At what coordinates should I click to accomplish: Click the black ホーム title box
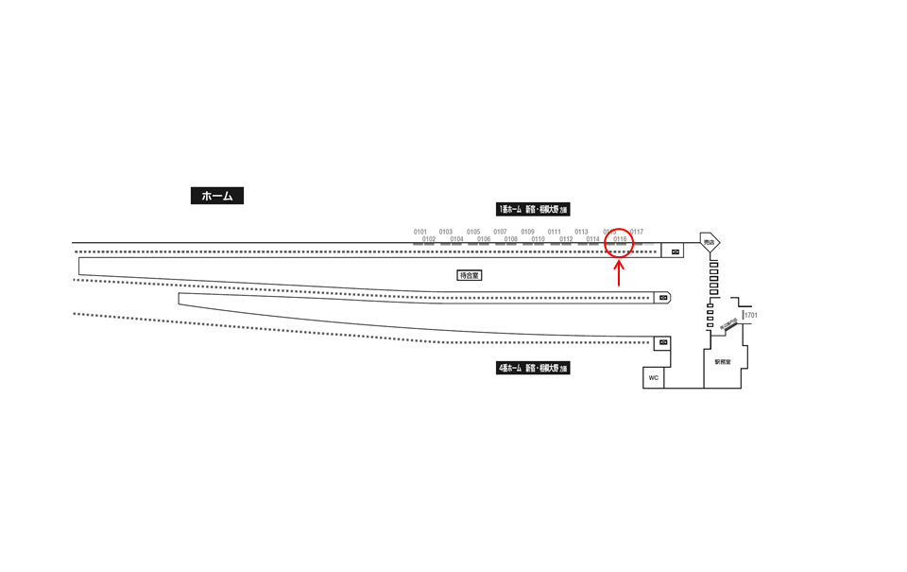pos(216,196)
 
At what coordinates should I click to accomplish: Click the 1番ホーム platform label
pos(533,209)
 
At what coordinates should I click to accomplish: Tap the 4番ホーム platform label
pos(533,368)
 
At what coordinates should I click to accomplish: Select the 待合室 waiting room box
pos(470,275)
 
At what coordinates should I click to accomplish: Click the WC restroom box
pos(653,377)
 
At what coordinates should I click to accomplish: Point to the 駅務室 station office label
pos(723,362)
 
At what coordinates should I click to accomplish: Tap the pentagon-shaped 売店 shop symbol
pos(710,243)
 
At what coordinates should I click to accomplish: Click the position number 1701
pos(751,315)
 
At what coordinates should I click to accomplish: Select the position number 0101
pos(420,232)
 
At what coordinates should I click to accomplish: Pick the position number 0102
pos(429,239)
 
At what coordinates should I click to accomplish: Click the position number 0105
pos(473,232)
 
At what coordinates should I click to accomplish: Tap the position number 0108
pos(511,239)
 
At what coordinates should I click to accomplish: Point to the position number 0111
pos(555,232)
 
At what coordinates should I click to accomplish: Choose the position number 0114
pos(592,239)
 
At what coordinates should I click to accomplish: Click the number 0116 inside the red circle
pos(620,239)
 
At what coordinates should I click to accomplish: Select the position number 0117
pos(637,232)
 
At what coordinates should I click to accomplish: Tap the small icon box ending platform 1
pos(675,251)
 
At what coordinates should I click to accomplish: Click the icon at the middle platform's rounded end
pos(663,298)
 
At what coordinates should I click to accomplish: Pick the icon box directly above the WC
pos(663,342)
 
